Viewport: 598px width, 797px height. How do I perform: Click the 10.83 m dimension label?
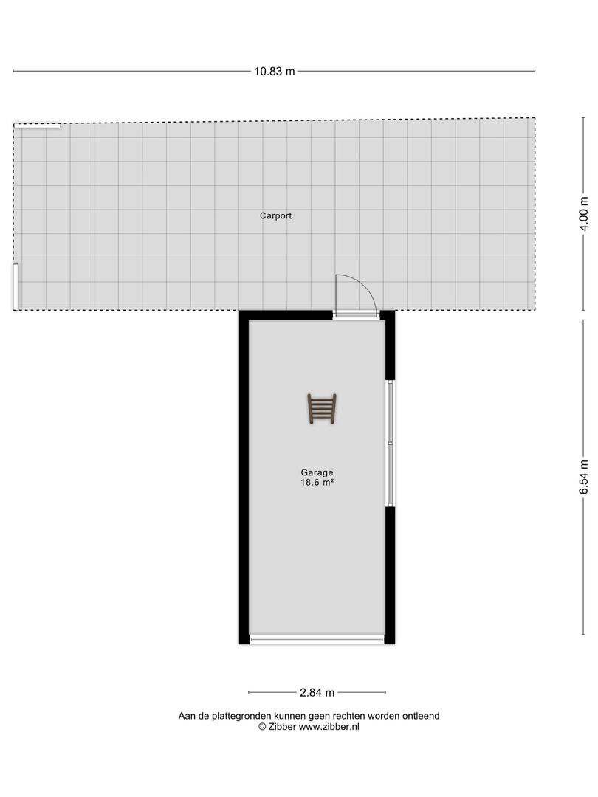point(275,71)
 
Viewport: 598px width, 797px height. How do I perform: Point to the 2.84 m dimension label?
point(317,692)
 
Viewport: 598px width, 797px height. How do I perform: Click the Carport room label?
point(275,215)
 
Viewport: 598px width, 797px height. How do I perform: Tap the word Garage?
point(317,472)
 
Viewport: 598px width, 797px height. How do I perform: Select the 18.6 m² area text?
point(317,483)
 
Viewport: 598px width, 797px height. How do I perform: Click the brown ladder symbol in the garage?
point(321,409)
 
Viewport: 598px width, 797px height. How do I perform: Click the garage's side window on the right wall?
point(391,444)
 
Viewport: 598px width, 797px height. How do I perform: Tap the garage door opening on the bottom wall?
point(317,639)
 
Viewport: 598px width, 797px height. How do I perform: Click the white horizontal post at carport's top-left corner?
point(37,125)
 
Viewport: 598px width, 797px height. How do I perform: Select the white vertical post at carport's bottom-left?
point(16,286)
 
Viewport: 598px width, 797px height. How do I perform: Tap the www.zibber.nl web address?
point(329,727)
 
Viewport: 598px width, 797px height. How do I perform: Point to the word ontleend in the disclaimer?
point(421,716)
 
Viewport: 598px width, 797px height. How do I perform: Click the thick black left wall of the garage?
point(244,477)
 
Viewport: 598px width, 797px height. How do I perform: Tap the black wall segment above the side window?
point(390,345)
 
